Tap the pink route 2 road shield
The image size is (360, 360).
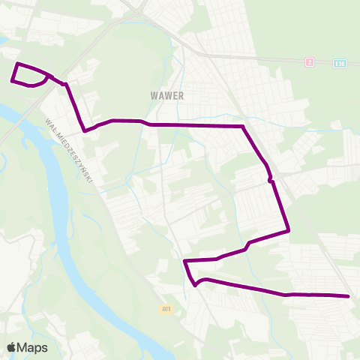click(x=309, y=61)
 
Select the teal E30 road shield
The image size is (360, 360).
click(x=341, y=63)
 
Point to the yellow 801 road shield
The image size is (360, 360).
click(x=166, y=308)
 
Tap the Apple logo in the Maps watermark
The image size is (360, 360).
click(x=11, y=347)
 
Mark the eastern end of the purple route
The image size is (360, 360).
click(x=349, y=296)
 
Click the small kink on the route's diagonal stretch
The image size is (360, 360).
click(x=270, y=180)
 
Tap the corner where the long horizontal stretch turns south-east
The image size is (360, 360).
click(x=243, y=126)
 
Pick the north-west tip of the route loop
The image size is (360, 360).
click(x=17, y=64)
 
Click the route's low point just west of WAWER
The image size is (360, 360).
click(x=85, y=130)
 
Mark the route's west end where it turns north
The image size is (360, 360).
click(x=184, y=261)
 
